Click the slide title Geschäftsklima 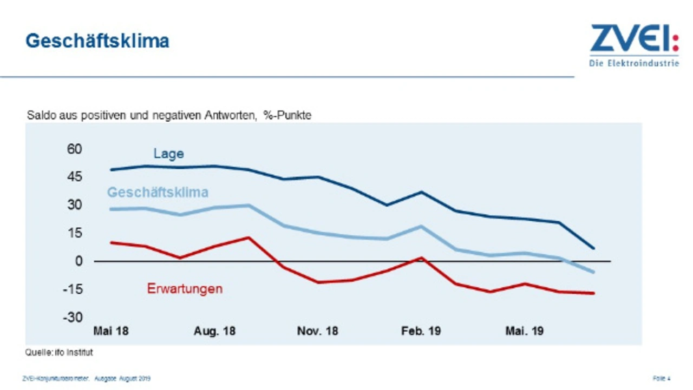click(x=97, y=41)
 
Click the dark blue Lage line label click(x=168, y=154)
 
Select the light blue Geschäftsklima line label click(x=158, y=192)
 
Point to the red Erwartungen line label click(x=185, y=289)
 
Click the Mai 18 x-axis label click(x=111, y=331)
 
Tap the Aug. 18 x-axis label click(x=214, y=331)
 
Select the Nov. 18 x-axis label click(x=317, y=331)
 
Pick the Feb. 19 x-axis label click(x=421, y=331)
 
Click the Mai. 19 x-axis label click(x=525, y=331)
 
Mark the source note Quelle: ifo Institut click(x=59, y=353)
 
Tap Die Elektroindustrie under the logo click(x=634, y=63)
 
